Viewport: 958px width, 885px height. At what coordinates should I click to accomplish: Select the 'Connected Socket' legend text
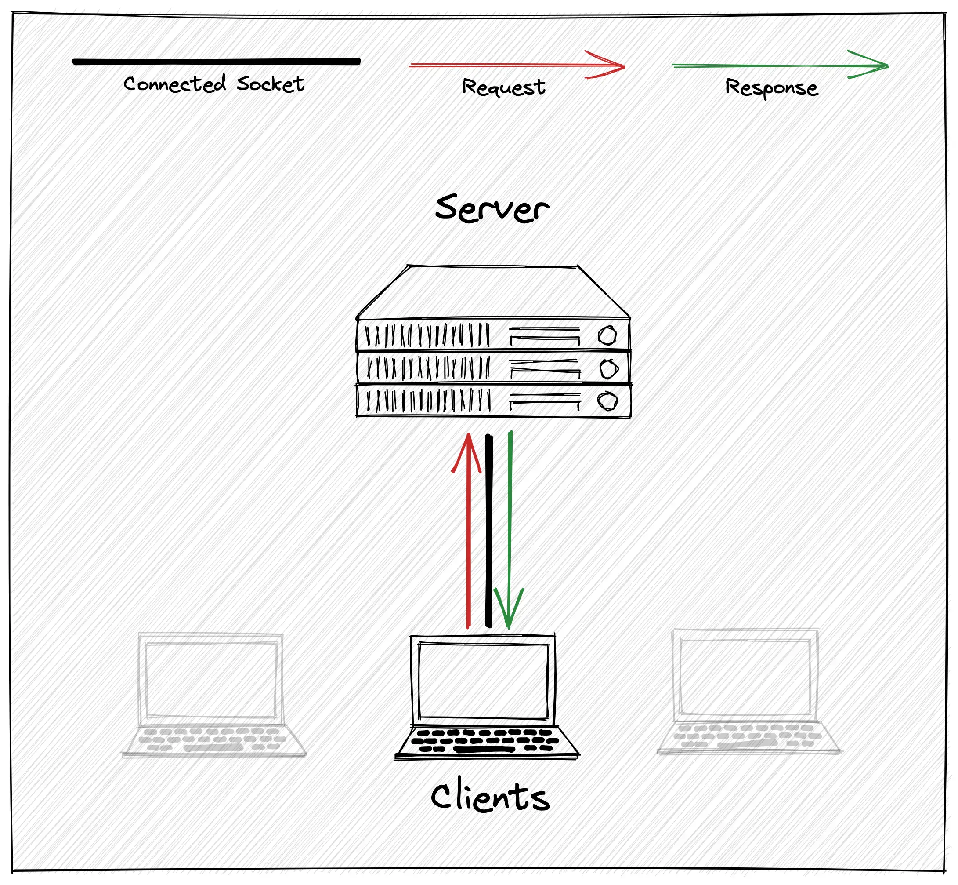(x=213, y=84)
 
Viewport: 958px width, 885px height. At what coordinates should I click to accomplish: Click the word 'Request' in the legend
(x=503, y=87)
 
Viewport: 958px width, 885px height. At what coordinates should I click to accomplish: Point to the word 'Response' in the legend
(x=771, y=87)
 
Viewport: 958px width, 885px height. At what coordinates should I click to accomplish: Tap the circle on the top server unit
(x=607, y=335)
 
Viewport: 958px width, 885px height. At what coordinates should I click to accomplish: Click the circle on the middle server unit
(x=608, y=369)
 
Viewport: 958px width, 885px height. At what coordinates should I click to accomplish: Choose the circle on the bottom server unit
(x=607, y=401)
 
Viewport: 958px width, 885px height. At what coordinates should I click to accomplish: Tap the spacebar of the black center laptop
(x=483, y=749)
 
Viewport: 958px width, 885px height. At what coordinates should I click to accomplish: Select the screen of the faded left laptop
(x=211, y=680)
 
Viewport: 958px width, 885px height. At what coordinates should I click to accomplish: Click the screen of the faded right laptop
(x=745, y=677)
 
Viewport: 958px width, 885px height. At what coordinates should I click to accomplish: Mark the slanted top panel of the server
(x=493, y=292)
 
